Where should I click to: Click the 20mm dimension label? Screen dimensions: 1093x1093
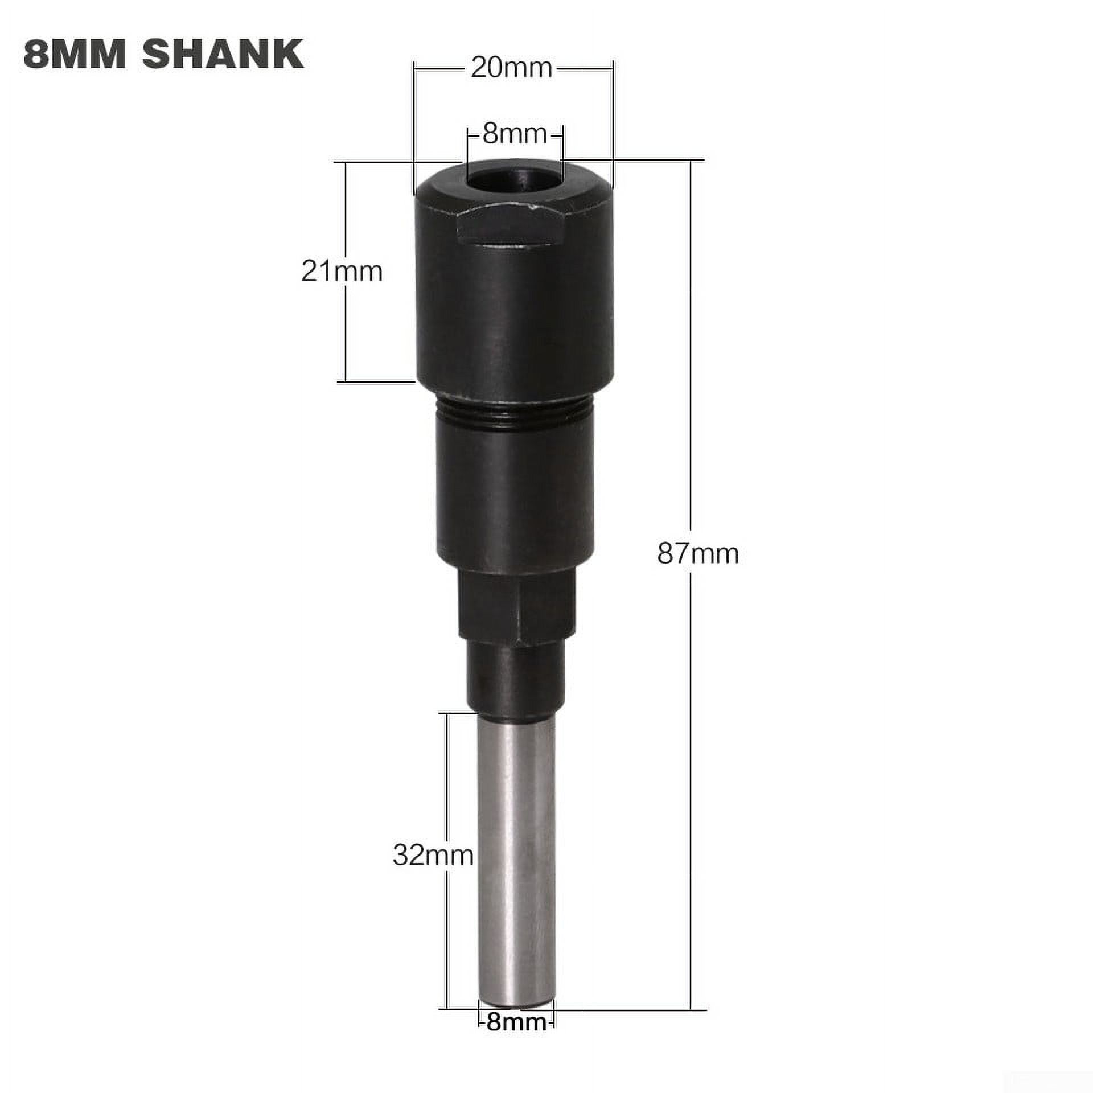coord(511,69)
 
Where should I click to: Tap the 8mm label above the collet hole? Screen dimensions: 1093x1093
coord(514,135)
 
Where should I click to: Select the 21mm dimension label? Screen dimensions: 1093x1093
coord(342,272)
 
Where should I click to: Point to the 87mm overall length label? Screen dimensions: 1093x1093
coord(698,553)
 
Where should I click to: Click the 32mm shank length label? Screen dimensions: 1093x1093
coord(433,871)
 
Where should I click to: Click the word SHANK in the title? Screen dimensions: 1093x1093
coord(223,55)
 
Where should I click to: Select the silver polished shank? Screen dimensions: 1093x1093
coord(515,854)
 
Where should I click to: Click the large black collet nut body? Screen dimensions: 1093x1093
coord(515,307)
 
